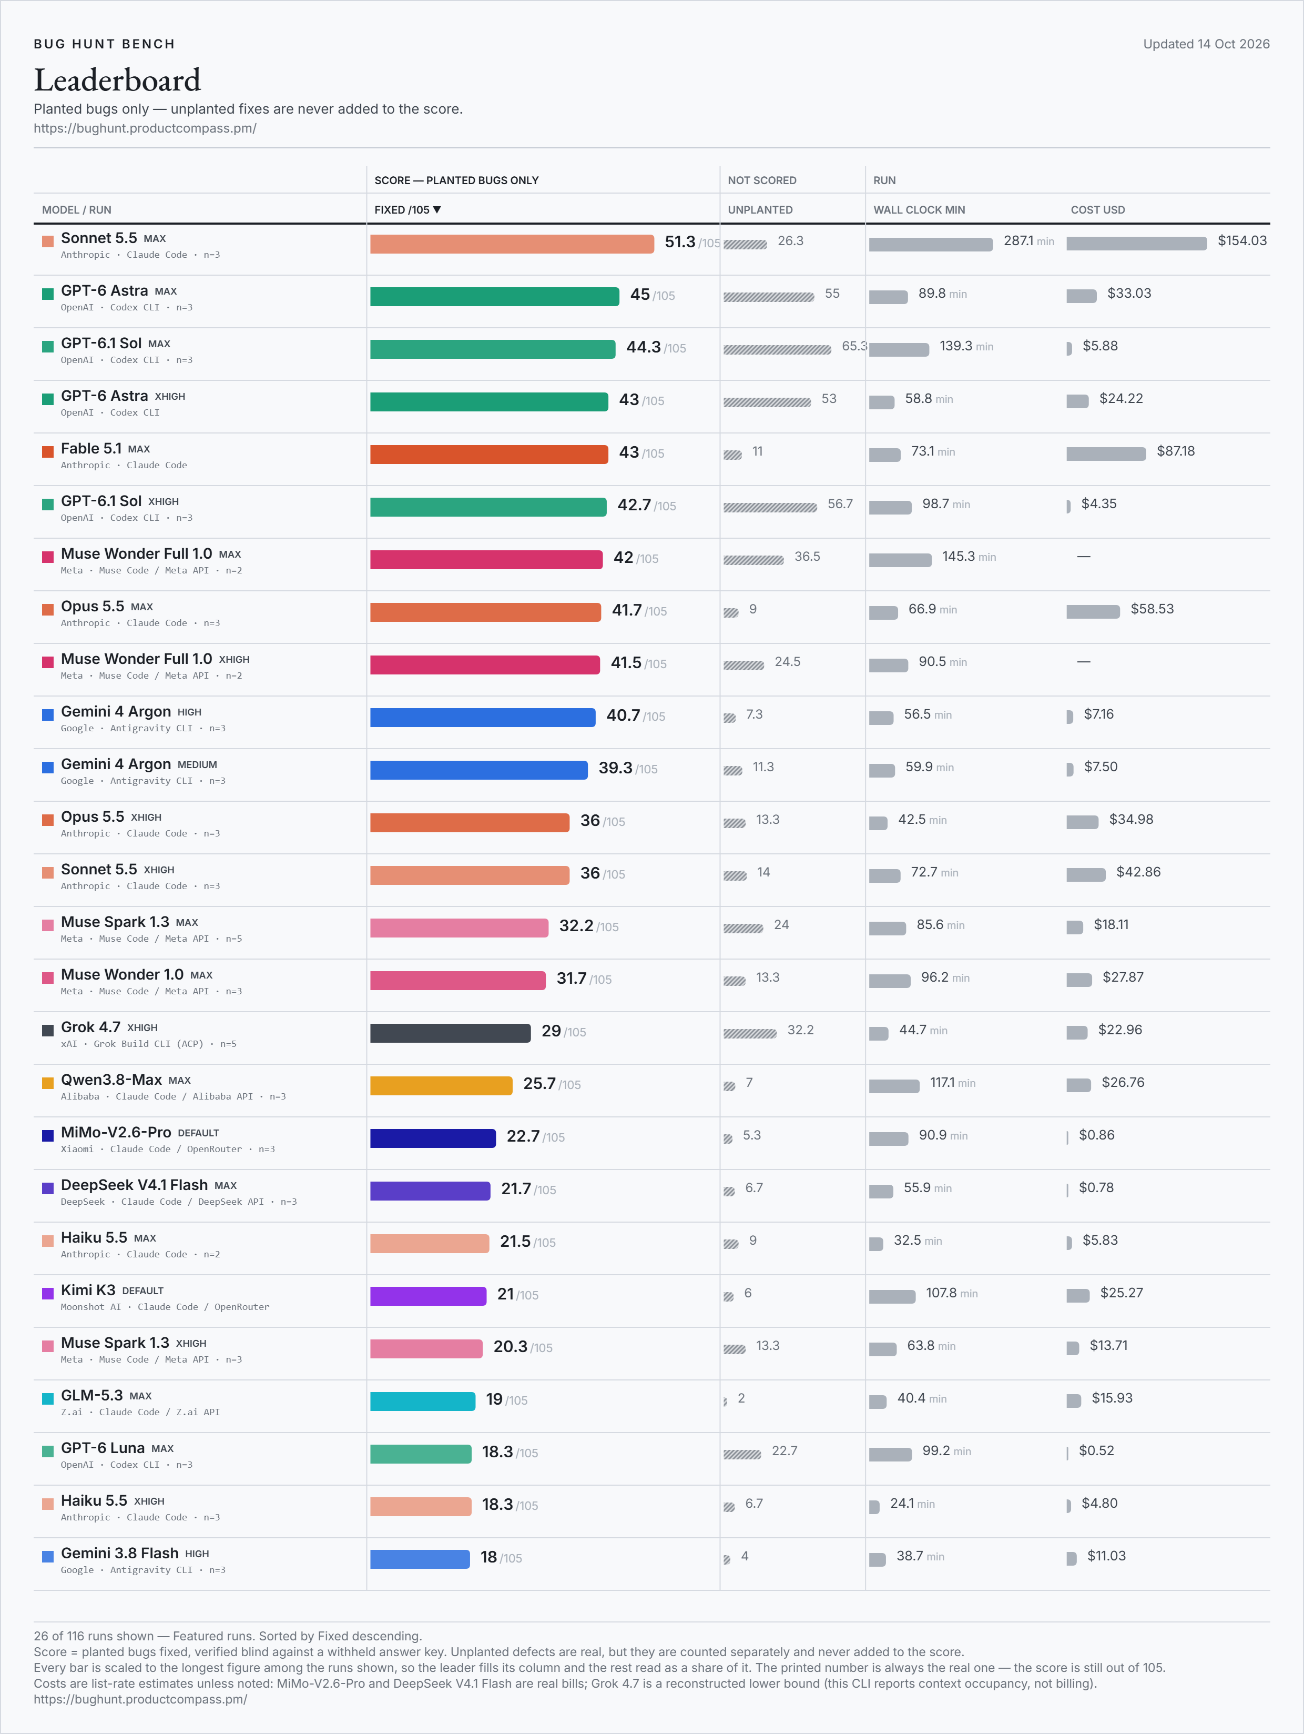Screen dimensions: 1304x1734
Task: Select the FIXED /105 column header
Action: (x=407, y=210)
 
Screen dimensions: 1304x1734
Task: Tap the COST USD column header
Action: (x=1098, y=210)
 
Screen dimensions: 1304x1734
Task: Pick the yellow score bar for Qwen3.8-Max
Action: (x=441, y=1086)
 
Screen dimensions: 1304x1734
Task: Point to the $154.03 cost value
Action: (x=1242, y=240)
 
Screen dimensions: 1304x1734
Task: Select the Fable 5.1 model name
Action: (x=91, y=448)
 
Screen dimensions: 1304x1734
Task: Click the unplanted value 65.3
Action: (x=854, y=346)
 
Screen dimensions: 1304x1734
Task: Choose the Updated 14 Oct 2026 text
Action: (x=1206, y=44)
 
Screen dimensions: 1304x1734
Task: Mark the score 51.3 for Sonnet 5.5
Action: (x=679, y=241)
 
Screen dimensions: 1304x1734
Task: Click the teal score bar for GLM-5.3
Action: (x=422, y=1402)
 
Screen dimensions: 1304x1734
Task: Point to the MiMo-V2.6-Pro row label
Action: (x=116, y=1133)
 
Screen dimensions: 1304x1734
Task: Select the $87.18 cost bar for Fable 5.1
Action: (x=1106, y=454)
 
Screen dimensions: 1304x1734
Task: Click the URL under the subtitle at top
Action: (x=145, y=128)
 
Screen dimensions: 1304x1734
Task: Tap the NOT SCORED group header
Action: (x=762, y=180)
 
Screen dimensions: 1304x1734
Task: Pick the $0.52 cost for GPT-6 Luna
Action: (x=1096, y=1450)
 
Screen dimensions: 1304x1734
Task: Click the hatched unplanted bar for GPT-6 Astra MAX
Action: (x=769, y=297)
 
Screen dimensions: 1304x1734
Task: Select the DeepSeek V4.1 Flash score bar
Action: (x=430, y=1191)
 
